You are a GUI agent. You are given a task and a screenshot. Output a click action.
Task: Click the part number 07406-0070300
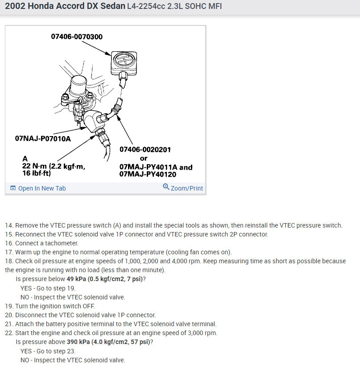click(x=77, y=36)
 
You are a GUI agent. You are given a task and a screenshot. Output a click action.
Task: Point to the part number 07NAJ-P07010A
click(x=43, y=138)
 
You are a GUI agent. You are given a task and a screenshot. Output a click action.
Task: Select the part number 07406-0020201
click(x=145, y=149)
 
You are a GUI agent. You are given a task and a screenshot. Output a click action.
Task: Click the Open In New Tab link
click(x=41, y=188)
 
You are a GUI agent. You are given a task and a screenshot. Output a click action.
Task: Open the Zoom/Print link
click(x=186, y=188)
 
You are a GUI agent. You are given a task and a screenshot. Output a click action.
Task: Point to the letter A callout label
click(x=25, y=158)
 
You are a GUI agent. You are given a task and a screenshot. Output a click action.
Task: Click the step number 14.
click(x=9, y=225)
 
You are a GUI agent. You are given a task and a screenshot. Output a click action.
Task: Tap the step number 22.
click(x=9, y=333)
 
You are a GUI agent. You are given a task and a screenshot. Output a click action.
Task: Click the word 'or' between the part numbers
click(x=144, y=158)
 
